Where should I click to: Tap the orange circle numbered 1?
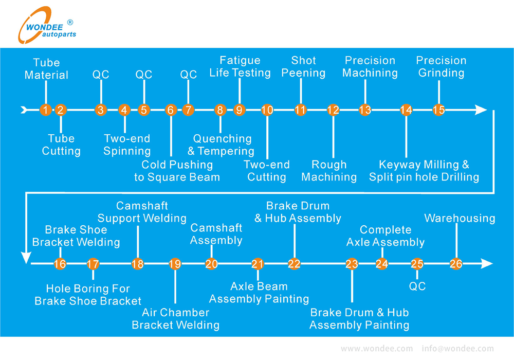coord(46,110)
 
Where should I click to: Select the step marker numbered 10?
coord(267,110)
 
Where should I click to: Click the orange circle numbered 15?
coord(438,110)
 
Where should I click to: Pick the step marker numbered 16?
coord(60,264)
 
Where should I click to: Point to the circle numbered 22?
coord(294,264)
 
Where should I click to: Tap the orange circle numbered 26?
coord(456,264)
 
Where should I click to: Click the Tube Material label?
coord(46,69)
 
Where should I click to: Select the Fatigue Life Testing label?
coord(240,67)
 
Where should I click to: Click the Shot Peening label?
coord(303,67)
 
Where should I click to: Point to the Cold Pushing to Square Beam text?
coord(177,171)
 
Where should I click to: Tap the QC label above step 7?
coord(188,75)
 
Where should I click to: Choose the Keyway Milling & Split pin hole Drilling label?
coord(424,171)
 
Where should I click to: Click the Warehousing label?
coord(460,219)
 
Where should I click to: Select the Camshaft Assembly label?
coord(216,234)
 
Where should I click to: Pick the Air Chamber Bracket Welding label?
coord(175,319)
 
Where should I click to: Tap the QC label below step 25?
coord(417,286)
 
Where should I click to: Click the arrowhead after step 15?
coord(480,110)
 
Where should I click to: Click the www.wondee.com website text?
coord(377,349)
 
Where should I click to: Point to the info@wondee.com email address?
coord(457,349)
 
